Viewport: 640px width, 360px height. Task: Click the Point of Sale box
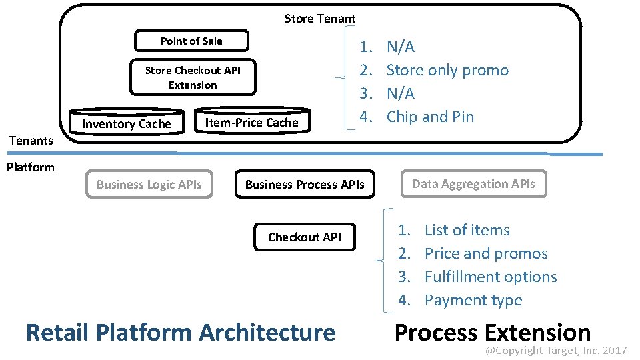[x=191, y=41]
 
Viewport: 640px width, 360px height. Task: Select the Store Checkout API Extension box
[x=193, y=78]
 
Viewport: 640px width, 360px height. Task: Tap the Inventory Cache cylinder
[x=126, y=123]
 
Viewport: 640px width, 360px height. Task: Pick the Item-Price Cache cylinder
[x=252, y=121]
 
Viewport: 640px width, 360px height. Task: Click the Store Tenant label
[x=320, y=19]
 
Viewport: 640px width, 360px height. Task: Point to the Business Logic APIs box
[x=149, y=185]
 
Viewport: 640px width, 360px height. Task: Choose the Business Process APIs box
[x=305, y=185]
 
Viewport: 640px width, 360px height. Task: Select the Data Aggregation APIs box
[x=473, y=184]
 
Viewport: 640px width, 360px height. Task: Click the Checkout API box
[x=305, y=237]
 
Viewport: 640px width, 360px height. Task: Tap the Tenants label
[x=31, y=140]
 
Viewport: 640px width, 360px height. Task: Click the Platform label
[x=31, y=167]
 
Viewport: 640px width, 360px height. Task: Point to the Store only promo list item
[x=447, y=70]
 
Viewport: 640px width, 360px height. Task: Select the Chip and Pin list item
[x=430, y=117]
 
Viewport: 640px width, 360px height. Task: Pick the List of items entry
[x=467, y=230]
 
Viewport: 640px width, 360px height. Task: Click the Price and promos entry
[x=486, y=253]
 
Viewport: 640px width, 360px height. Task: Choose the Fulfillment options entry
[x=491, y=277]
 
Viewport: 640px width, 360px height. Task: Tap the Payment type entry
[x=473, y=300]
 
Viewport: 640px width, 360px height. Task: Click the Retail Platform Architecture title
[x=181, y=332]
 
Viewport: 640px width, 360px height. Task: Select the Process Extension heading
[x=493, y=331]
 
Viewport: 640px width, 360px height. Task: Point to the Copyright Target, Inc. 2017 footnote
[x=555, y=351]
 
